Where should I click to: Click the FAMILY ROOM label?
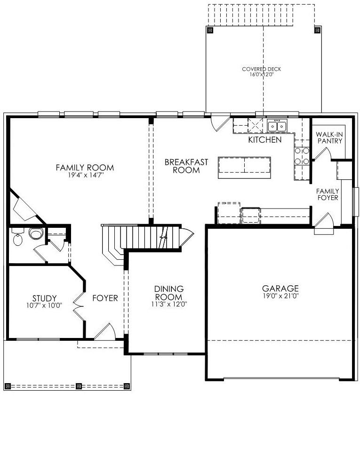click(85, 168)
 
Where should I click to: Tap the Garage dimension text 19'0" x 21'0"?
click(280, 296)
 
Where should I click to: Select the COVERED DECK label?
click(261, 69)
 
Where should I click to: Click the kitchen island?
click(244, 168)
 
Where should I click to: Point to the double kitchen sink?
click(277, 126)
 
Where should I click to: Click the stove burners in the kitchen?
click(302, 156)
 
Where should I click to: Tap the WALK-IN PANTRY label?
click(329, 138)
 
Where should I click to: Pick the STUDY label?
click(44, 298)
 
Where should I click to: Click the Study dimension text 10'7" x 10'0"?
click(44, 305)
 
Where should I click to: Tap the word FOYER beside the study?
click(105, 298)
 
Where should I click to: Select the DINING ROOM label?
click(169, 293)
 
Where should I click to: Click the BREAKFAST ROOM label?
click(186, 166)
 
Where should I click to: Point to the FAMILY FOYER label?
click(328, 194)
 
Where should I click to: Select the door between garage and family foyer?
click(324, 224)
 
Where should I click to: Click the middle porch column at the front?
click(79, 386)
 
